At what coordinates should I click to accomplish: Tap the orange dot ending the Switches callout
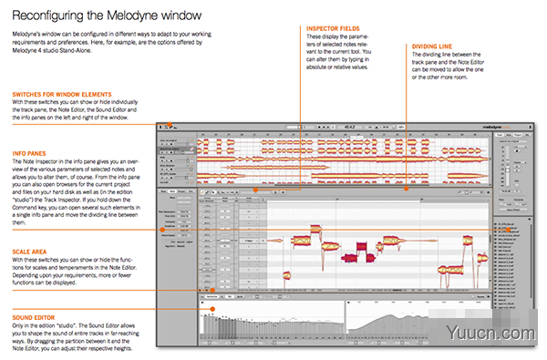161,126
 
